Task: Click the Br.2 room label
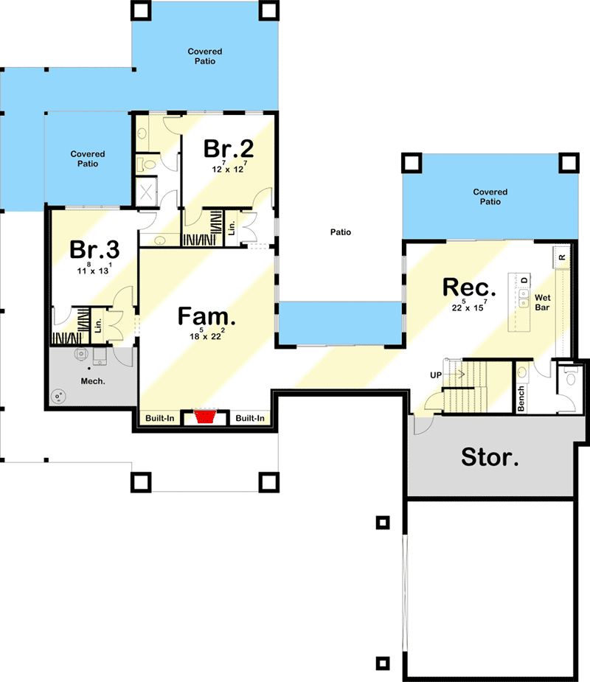coord(229,149)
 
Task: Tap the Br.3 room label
coord(94,249)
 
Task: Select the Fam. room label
coord(207,317)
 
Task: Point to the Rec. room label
coord(468,286)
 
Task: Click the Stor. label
coord(490,458)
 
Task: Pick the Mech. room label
coord(92,381)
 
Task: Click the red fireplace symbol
coord(205,418)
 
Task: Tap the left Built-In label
coord(159,419)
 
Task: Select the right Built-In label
coord(250,419)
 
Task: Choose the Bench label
coord(521,398)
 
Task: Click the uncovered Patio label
coord(340,232)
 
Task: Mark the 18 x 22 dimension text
coord(206,336)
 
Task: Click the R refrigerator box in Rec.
coord(561,257)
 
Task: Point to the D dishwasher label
coord(525,281)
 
